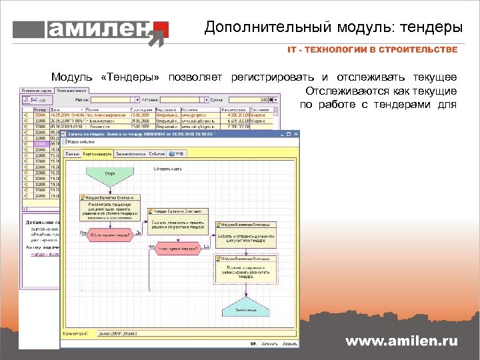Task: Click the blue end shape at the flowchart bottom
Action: (247, 309)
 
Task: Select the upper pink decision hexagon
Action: (109, 234)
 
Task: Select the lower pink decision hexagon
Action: (177, 250)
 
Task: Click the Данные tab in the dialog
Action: (71, 153)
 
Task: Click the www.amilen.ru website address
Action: (401, 341)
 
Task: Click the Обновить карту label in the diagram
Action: (167, 169)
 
